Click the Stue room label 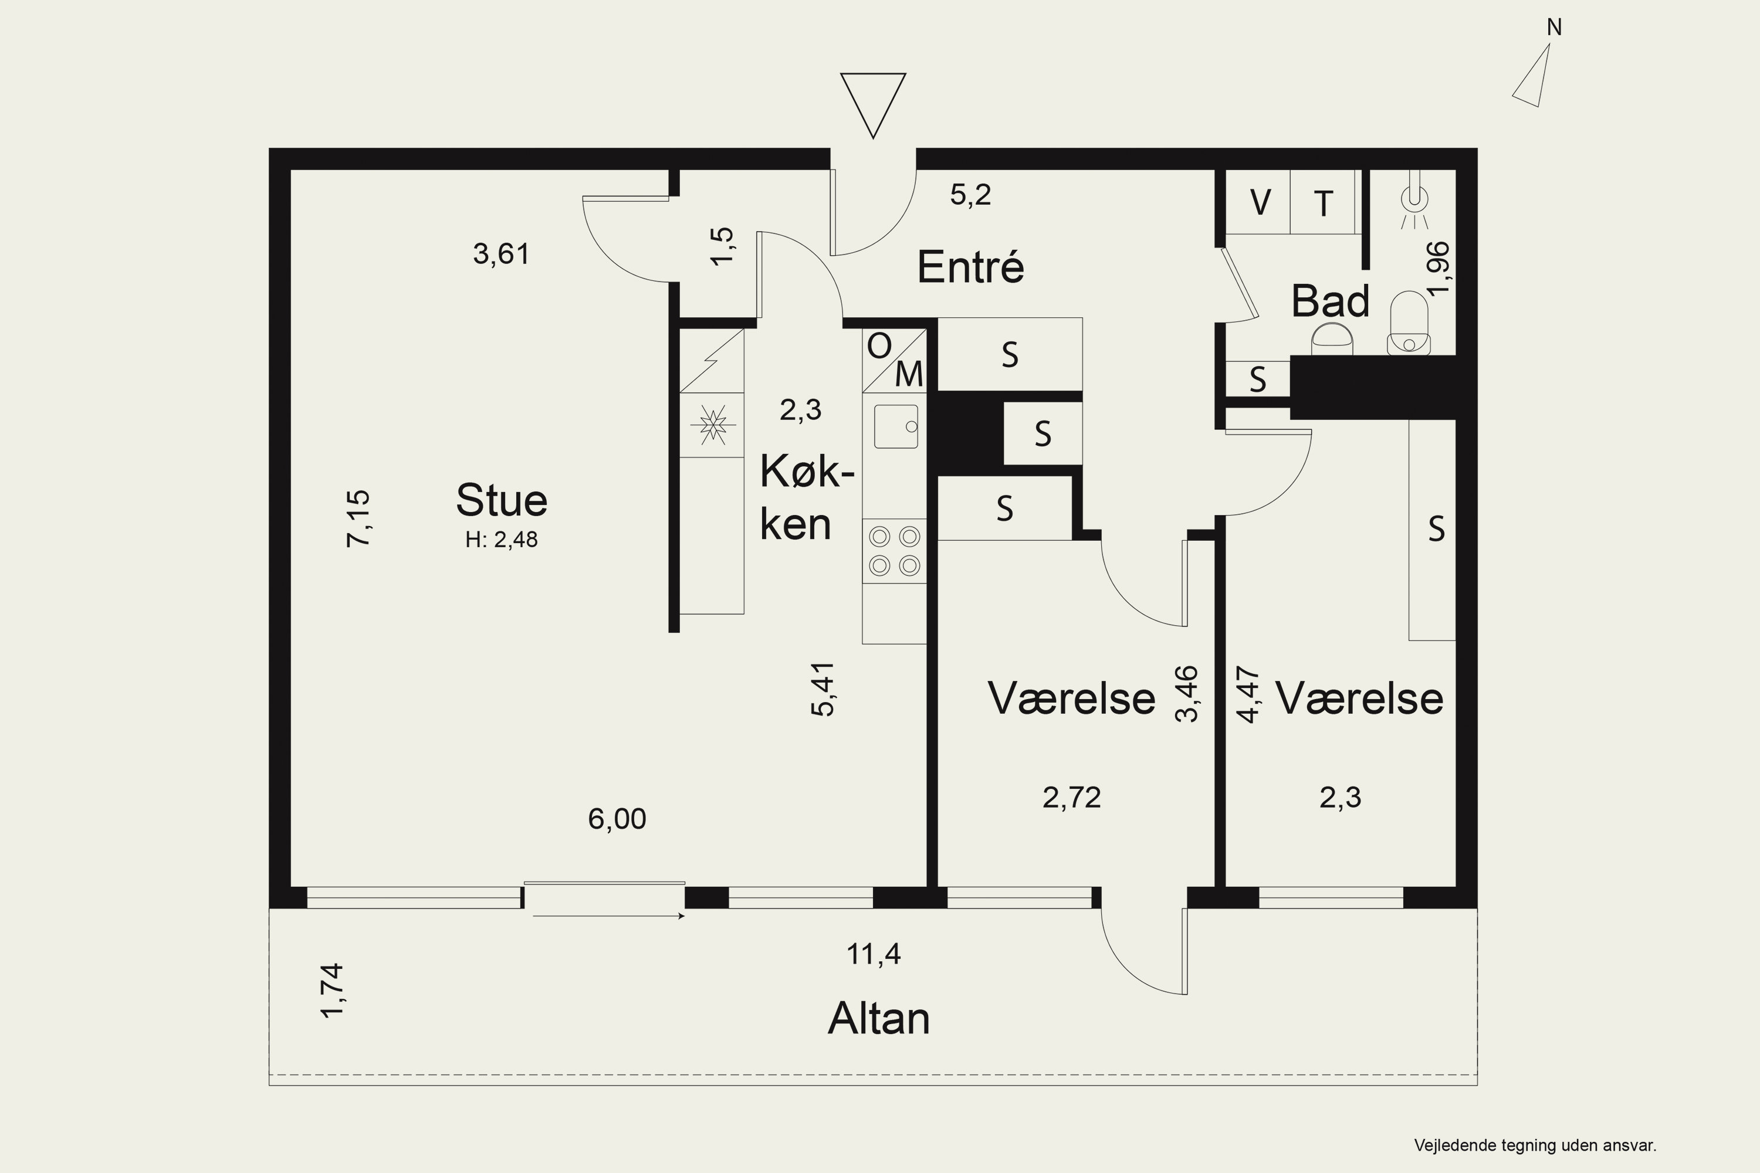502,500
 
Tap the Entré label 970,266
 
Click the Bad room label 1330,301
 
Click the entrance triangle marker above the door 874,105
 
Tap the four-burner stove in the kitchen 894,551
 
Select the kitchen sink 896,426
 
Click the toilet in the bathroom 1409,323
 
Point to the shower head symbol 1413,200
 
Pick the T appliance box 1323,202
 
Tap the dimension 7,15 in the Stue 358,518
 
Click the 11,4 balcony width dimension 874,954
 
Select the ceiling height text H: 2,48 502,540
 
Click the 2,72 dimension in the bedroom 1072,798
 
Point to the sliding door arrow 609,916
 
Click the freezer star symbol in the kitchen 712,425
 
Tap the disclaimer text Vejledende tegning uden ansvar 1535,1145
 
